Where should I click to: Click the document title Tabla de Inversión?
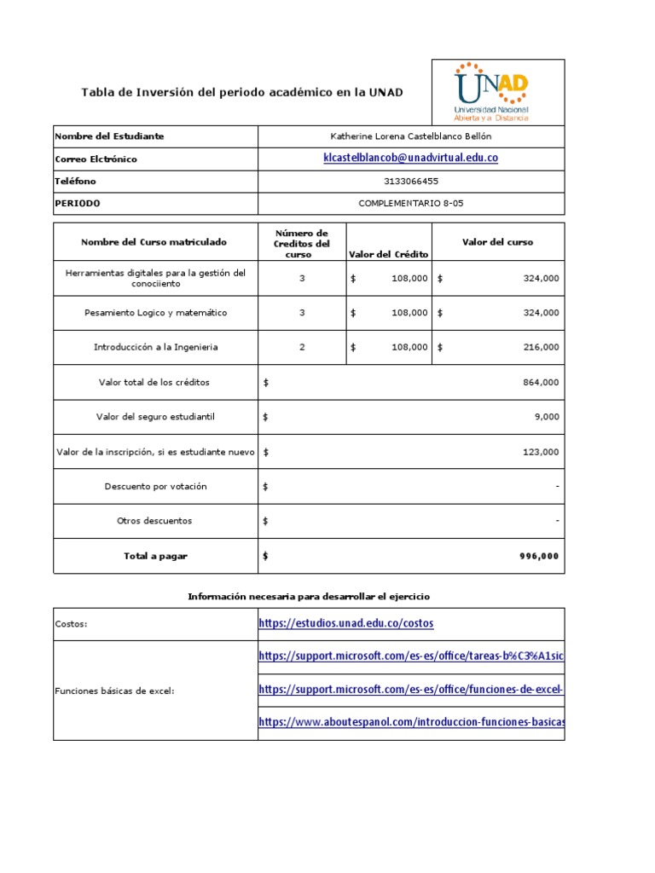click(x=241, y=92)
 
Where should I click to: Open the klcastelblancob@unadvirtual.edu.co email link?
click(x=410, y=159)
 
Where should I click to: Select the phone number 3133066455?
click(x=411, y=182)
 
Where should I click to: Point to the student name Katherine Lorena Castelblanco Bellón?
click(x=411, y=136)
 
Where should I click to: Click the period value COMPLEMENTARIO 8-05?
click(x=411, y=204)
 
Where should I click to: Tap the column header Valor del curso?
click(x=497, y=242)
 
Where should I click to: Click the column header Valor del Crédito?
click(x=388, y=255)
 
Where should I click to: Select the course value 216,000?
click(x=541, y=348)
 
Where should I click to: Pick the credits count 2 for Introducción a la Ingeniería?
click(x=302, y=348)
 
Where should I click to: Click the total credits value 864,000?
click(x=541, y=383)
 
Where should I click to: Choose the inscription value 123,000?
click(x=541, y=453)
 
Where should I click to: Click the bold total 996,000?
click(x=539, y=557)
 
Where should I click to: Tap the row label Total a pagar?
click(x=155, y=557)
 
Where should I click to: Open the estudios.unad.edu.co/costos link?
click(x=345, y=624)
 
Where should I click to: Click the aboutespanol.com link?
click(x=410, y=722)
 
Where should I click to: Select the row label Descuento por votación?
click(x=155, y=487)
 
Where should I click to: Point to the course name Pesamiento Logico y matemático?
click(x=155, y=313)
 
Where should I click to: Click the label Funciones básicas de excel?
click(x=114, y=691)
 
